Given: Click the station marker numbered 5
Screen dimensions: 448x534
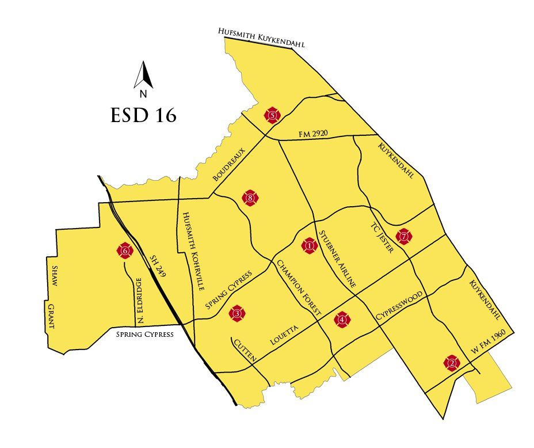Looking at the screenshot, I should (272, 116).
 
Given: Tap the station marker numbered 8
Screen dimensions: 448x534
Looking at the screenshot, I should (251, 199).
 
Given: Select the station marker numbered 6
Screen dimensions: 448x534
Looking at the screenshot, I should (125, 250).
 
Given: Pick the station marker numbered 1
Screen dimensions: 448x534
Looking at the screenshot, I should (310, 246).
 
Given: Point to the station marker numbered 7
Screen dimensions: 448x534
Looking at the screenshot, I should (404, 236).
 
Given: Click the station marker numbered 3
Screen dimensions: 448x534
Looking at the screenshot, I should (237, 313).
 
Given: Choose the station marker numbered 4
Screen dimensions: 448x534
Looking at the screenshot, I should (342, 320).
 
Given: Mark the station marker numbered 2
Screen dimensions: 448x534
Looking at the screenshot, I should (452, 363).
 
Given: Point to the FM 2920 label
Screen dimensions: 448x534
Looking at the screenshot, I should (313, 134).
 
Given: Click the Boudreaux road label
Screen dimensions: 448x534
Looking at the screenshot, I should (229, 165).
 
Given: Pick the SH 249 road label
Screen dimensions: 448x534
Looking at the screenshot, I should (157, 267).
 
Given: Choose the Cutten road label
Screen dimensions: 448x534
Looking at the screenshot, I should (244, 351).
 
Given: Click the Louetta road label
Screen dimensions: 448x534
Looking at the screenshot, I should (284, 336).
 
